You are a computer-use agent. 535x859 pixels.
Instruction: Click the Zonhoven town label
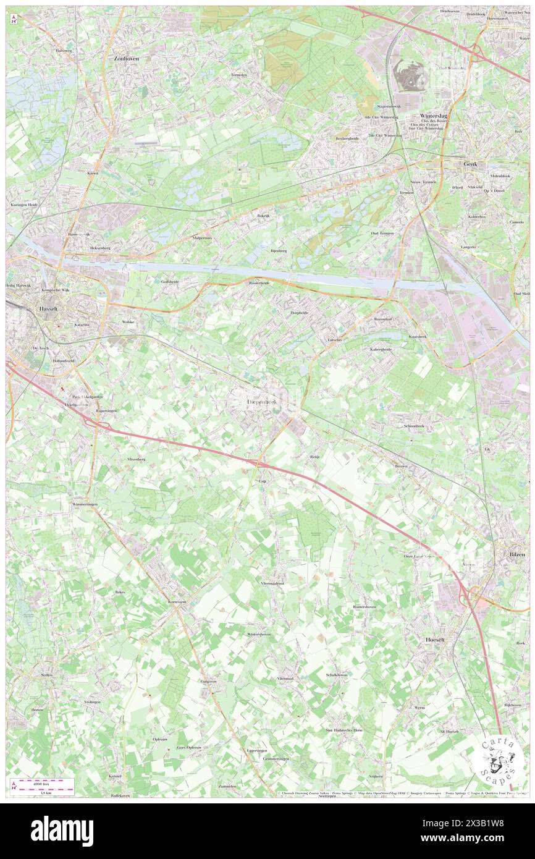(x=126, y=57)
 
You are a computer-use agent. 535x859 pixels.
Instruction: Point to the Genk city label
(x=474, y=165)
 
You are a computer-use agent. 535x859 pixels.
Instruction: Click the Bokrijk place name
(x=264, y=216)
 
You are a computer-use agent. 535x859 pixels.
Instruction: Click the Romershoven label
(x=364, y=607)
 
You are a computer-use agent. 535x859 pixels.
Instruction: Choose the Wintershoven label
(x=259, y=634)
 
